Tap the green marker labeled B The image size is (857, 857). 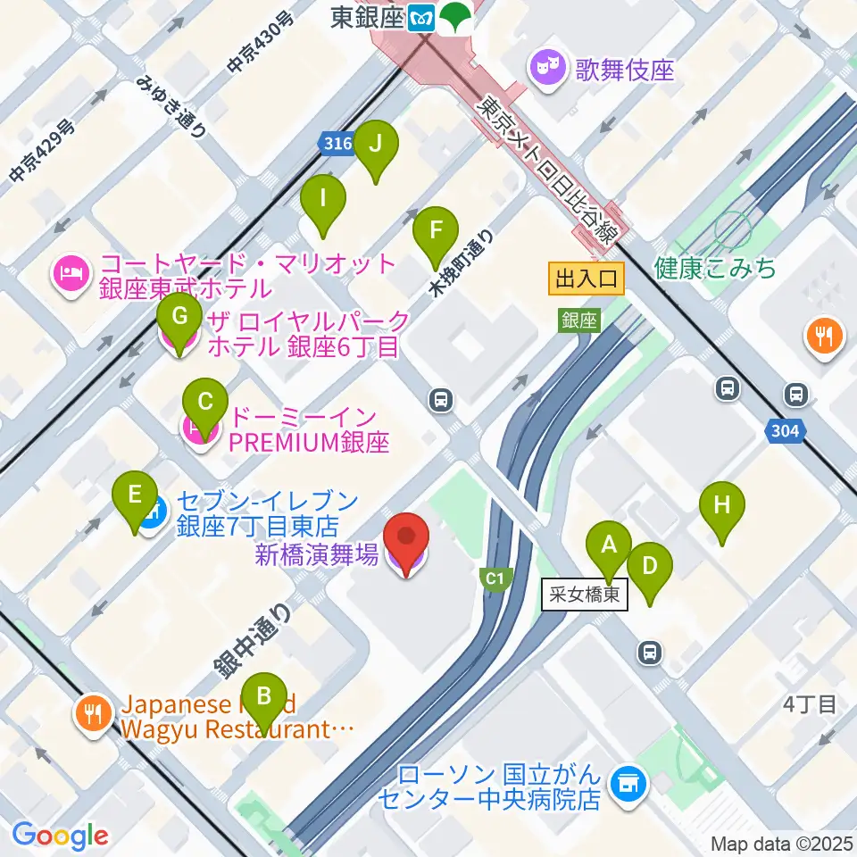click(x=263, y=695)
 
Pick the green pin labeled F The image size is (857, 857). click(x=436, y=230)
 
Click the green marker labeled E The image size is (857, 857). click(x=135, y=495)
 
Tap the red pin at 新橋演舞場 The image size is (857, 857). click(x=406, y=538)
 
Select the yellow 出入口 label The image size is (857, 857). click(x=586, y=279)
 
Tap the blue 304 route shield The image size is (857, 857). click(x=785, y=432)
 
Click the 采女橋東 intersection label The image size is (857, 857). click(x=585, y=595)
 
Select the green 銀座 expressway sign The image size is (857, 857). click(x=578, y=320)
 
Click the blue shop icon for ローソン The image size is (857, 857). click(x=628, y=783)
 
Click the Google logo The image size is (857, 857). click(x=60, y=835)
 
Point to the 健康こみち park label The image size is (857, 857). click(x=714, y=268)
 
